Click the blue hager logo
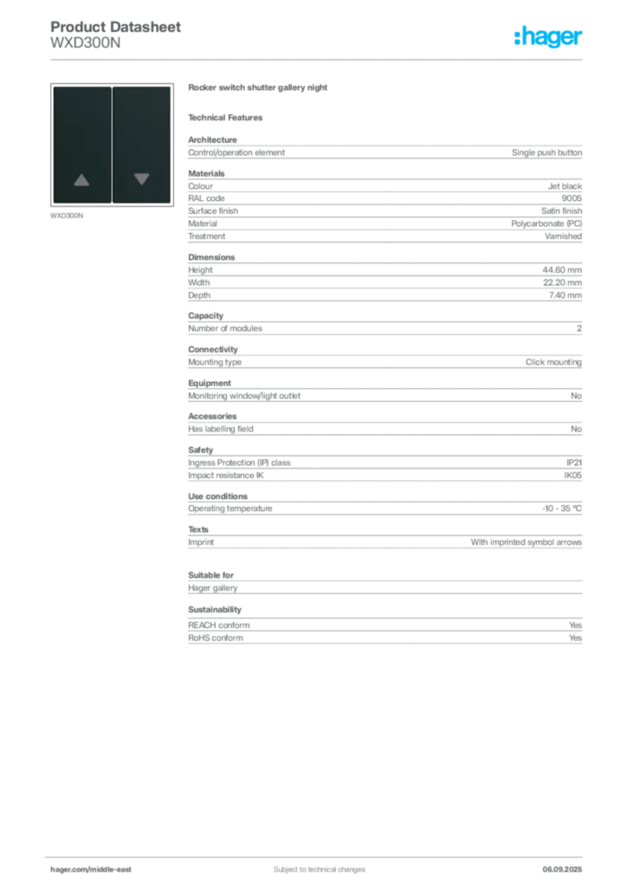pyautogui.click(x=549, y=37)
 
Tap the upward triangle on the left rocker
pyautogui.click(x=81, y=180)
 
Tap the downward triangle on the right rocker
pyautogui.click(x=142, y=179)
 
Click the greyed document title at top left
pyautogui.click(x=117, y=29)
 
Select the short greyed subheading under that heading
pyautogui.click(x=229, y=117)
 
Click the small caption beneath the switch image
pyautogui.click(x=68, y=215)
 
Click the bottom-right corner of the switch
pyautogui.click(x=170, y=204)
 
